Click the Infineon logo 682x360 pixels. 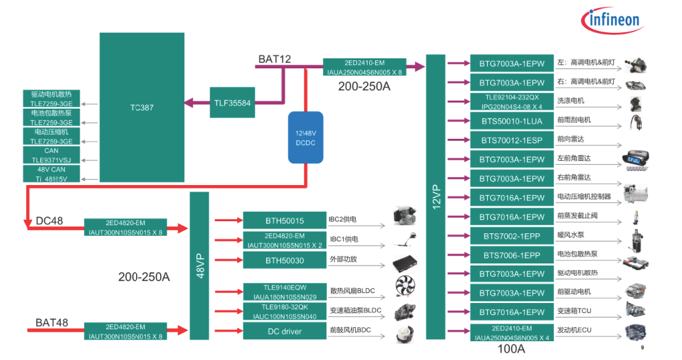pyautogui.click(x=614, y=20)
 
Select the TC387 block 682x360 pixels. pyautogui.click(x=142, y=107)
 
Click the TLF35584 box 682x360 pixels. pyautogui.click(x=232, y=103)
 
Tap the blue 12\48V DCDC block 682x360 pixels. pyautogui.click(x=305, y=137)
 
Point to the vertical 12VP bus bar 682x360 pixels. pyautogui.click(x=435, y=197)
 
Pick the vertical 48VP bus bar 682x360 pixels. pyautogui.click(x=200, y=265)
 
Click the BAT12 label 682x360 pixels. pyautogui.click(x=275, y=60)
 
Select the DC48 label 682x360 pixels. pyautogui.click(x=50, y=221)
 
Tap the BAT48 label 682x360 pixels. pyautogui.click(x=52, y=323)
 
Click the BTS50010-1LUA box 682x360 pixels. pyautogui.click(x=512, y=121)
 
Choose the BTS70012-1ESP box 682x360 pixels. pyautogui.click(x=512, y=140)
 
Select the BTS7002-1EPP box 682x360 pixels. pyautogui.click(x=512, y=236)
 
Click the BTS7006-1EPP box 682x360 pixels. pyautogui.click(x=512, y=255)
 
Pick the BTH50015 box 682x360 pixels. pyautogui.click(x=284, y=221)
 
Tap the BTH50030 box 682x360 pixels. pyautogui.click(x=284, y=260)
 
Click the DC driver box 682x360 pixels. pyautogui.click(x=284, y=331)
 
